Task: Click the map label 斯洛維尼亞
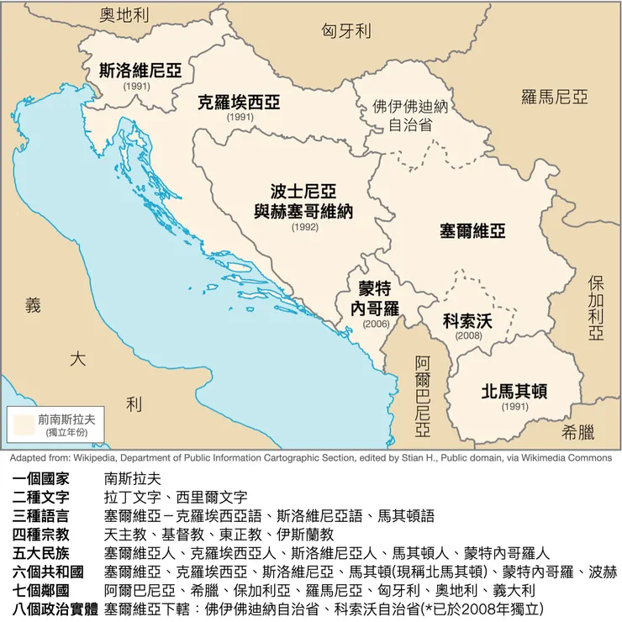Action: pos(140,71)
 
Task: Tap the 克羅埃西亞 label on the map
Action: pos(239,103)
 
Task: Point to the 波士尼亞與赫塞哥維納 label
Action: pos(303,202)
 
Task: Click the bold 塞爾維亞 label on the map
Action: pos(472,230)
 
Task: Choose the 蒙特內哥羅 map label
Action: pos(375,298)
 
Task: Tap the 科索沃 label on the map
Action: pos(467,320)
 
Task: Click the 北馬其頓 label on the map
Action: pos(514,391)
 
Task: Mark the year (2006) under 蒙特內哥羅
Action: pos(377,324)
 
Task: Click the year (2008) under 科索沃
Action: pos(469,335)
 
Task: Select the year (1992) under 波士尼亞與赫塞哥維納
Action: pos(305,227)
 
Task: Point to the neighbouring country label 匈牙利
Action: pos(345,32)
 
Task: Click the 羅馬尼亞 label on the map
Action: pos(555,98)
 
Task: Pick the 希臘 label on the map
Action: pos(578,432)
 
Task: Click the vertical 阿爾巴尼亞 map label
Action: pos(422,396)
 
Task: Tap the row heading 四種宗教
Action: pos(47,534)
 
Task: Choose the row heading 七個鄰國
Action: pos(47,590)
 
